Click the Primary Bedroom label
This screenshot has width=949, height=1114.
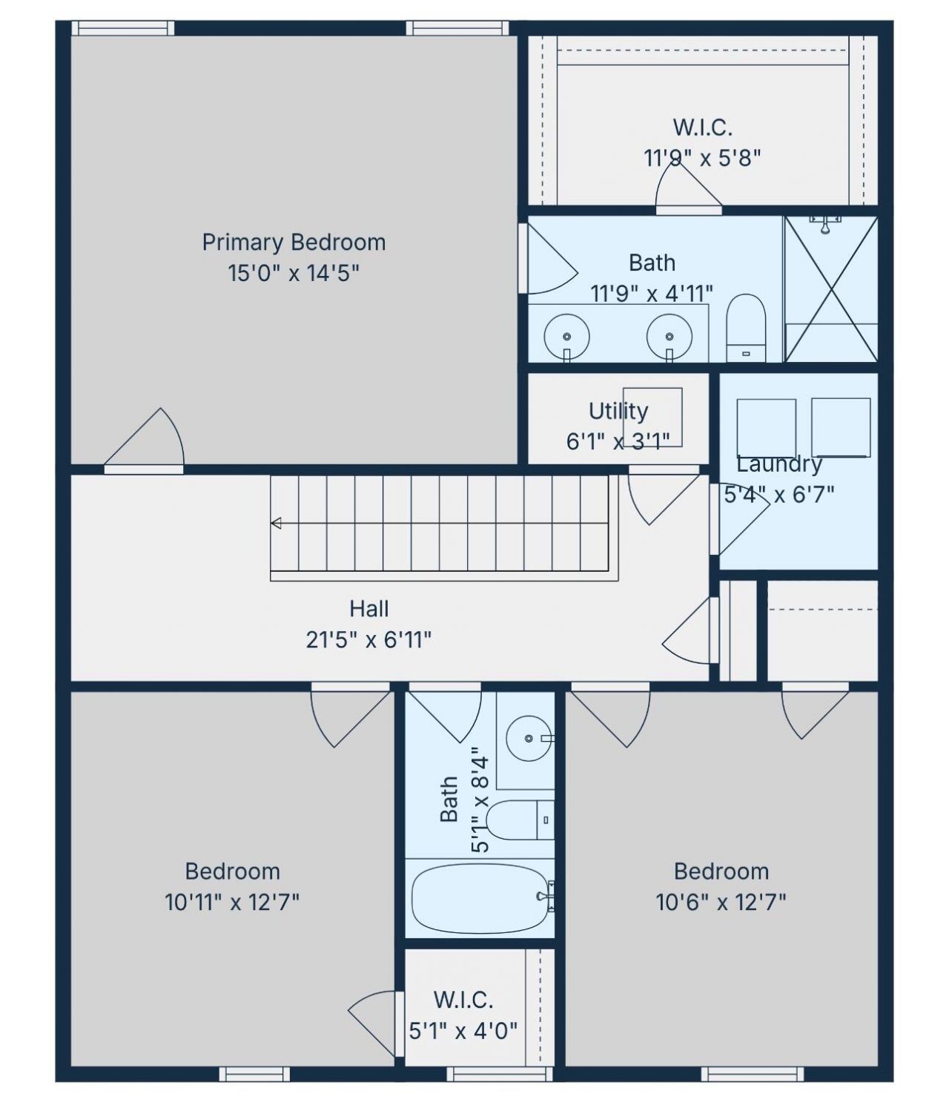(x=294, y=243)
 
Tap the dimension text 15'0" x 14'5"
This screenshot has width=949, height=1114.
(x=294, y=274)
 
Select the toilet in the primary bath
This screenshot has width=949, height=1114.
(x=745, y=329)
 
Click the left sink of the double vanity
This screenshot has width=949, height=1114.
(x=566, y=336)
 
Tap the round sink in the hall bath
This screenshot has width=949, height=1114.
(x=529, y=739)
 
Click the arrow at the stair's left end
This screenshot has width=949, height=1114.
(x=276, y=524)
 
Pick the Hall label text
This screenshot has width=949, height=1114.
(x=369, y=609)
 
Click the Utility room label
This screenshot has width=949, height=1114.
(x=618, y=411)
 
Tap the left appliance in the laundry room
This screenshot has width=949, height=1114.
(x=766, y=428)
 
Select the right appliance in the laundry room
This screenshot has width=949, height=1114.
(x=841, y=428)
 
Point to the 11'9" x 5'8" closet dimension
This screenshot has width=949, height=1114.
(x=702, y=158)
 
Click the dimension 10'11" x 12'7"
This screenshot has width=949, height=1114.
(x=232, y=903)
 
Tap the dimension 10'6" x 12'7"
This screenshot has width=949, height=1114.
(x=721, y=903)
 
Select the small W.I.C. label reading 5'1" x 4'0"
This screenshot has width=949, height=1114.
(x=463, y=1031)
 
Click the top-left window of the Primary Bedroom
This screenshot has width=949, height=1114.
(x=123, y=28)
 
